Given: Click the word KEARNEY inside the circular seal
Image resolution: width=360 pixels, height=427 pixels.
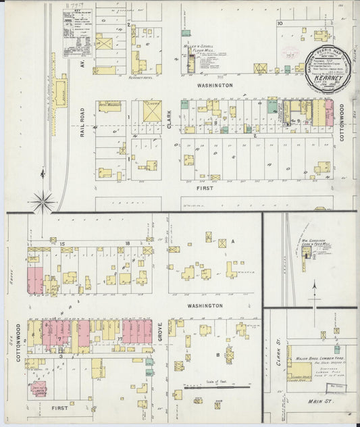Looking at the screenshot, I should (327, 78).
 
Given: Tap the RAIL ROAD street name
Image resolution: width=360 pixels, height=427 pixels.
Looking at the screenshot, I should (82, 122).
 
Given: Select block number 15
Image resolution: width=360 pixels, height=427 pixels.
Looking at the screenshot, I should (61, 243).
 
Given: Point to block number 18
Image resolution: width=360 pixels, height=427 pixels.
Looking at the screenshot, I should (126, 243).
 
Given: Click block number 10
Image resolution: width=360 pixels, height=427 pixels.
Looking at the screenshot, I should (279, 24).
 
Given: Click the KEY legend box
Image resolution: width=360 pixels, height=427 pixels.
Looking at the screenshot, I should (77, 34).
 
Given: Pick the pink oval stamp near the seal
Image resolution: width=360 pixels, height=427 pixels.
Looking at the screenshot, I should (291, 54).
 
